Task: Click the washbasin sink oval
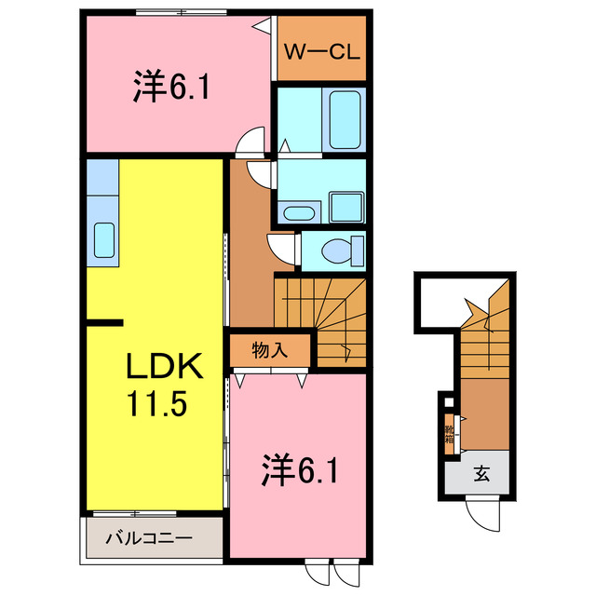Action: [298, 211]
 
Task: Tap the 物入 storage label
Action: [268, 351]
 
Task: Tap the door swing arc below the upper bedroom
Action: [251, 142]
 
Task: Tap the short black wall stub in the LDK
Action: [104, 323]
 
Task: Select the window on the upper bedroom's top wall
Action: [181, 12]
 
